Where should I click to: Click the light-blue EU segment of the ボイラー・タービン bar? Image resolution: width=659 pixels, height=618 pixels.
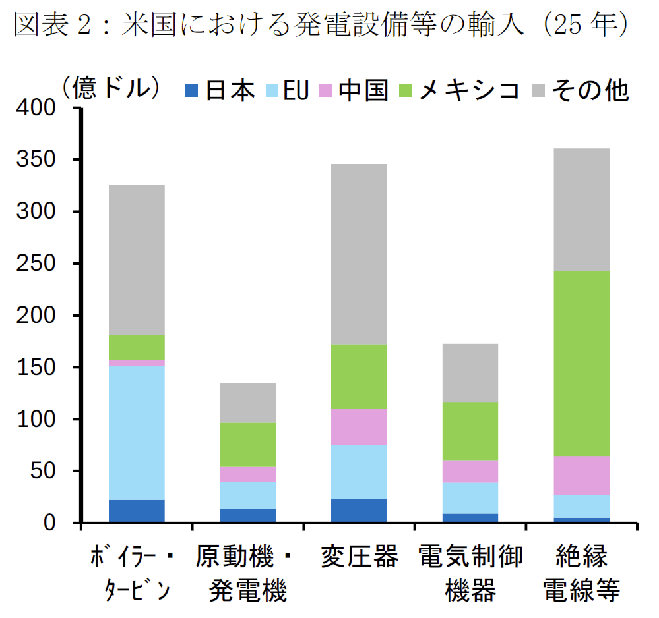[x=137, y=432]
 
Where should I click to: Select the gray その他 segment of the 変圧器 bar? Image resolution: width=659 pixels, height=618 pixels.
[x=359, y=254]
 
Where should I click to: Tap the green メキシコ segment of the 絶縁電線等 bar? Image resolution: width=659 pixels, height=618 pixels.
[x=581, y=364]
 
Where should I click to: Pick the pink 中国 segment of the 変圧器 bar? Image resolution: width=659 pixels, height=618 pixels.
[x=359, y=427]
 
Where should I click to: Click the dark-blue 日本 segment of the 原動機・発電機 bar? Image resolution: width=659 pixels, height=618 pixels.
[x=248, y=516]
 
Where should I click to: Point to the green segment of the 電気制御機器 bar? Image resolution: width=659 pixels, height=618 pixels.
[x=470, y=431]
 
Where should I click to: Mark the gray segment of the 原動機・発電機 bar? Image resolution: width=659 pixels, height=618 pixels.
[x=248, y=403]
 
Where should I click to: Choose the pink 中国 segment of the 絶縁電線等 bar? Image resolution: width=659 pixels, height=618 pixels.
[x=581, y=475]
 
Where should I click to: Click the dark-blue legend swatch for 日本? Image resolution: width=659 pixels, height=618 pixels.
[x=193, y=91]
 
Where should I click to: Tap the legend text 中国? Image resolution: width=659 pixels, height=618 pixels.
[x=363, y=91]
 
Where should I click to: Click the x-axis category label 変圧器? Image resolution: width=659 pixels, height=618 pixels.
[x=360, y=557]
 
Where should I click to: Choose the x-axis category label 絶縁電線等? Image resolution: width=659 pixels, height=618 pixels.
[x=581, y=573]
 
